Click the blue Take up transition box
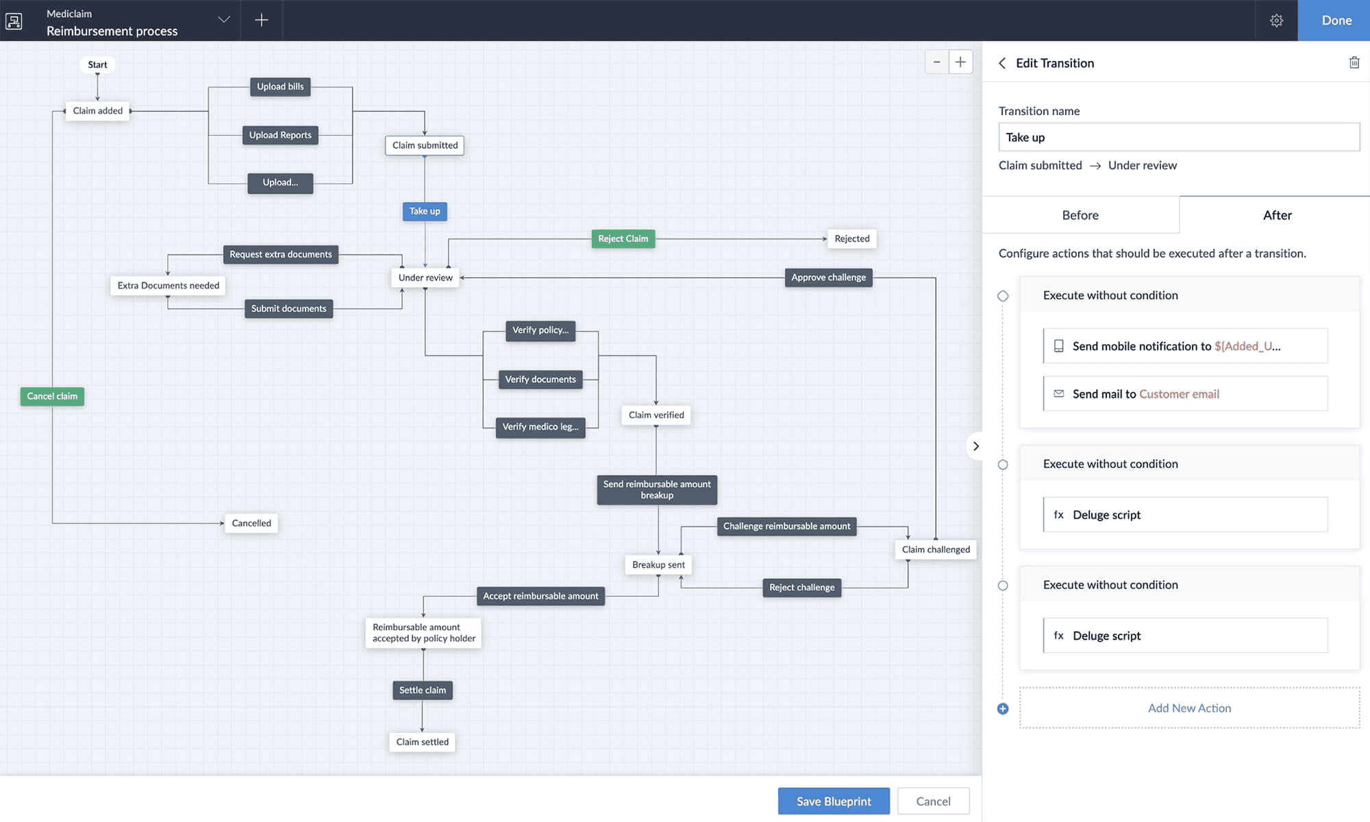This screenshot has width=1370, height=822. [425, 211]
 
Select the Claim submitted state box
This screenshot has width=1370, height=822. [425, 145]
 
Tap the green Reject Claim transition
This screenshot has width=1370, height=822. [623, 238]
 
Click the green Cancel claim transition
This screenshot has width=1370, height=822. [52, 396]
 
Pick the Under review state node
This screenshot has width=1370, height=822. [425, 277]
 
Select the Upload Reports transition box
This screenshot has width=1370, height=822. [280, 135]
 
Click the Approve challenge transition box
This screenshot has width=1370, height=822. [828, 277]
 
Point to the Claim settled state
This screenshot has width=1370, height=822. [422, 742]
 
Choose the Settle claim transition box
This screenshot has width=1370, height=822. [422, 690]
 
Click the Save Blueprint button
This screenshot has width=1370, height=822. [834, 801]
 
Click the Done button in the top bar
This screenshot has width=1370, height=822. [1336, 21]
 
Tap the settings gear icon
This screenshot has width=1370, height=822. [1276, 21]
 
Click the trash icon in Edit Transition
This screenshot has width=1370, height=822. [1354, 63]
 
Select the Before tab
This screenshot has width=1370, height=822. [1080, 215]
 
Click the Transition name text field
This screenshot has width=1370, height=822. [1179, 137]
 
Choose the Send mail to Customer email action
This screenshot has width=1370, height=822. [1185, 394]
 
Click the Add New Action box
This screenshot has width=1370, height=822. [1189, 708]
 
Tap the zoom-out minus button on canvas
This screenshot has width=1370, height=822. [936, 62]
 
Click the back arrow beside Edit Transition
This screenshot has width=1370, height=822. [1002, 63]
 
